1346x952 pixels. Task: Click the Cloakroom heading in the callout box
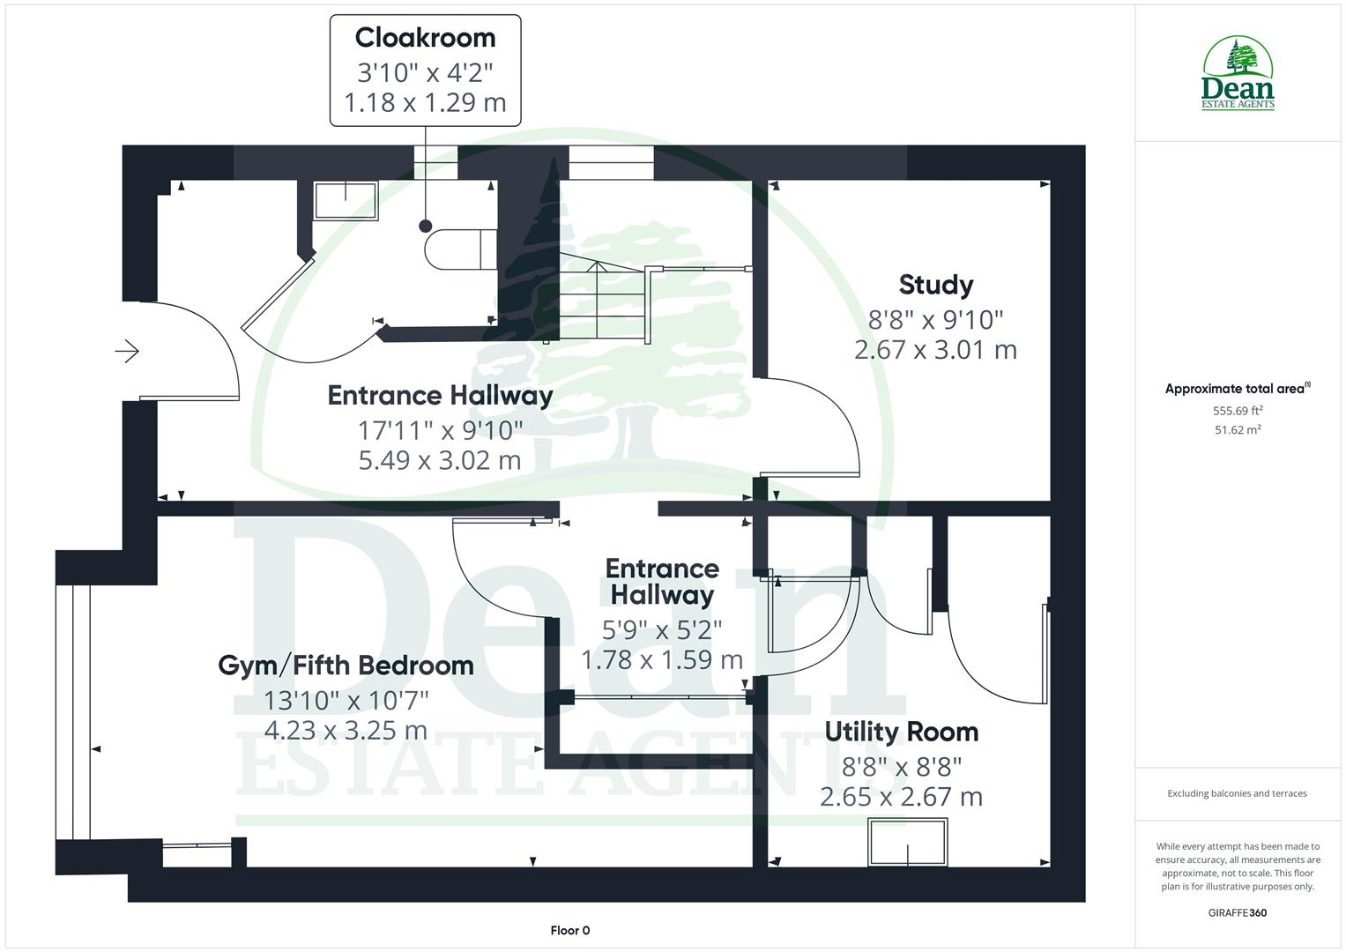(425, 38)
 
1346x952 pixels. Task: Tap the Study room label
(935, 285)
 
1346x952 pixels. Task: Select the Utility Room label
(901, 732)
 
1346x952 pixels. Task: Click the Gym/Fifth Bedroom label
(346, 665)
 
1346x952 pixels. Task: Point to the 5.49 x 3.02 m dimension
(439, 460)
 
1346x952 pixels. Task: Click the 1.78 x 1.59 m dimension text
(661, 659)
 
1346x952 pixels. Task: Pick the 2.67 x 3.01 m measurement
(935, 350)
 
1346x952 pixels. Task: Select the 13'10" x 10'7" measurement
(346, 701)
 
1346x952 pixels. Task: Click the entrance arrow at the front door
(127, 352)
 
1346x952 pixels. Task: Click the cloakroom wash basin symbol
(346, 200)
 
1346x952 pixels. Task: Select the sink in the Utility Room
(908, 842)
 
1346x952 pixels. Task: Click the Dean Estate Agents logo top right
(1238, 73)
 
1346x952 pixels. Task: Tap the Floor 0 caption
(569, 930)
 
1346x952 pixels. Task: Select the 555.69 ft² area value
(1238, 411)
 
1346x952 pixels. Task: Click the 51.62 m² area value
(1238, 430)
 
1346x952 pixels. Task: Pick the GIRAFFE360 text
(1238, 912)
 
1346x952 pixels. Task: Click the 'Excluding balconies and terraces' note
(1237, 793)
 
